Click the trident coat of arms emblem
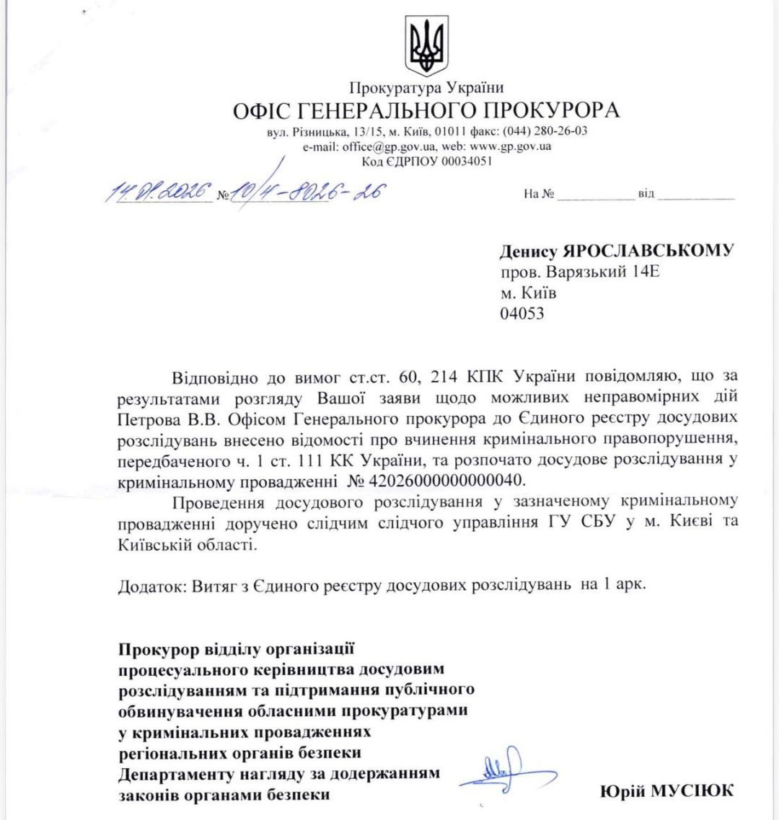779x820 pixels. (426, 47)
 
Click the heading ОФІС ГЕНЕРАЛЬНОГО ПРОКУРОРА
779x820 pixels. (426, 111)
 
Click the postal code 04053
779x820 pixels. (522, 313)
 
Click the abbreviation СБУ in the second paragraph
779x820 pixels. (596, 522)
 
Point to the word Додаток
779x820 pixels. (149, 585)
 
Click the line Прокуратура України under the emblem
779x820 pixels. (426, 88)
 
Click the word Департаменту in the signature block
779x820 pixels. (176, 775)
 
